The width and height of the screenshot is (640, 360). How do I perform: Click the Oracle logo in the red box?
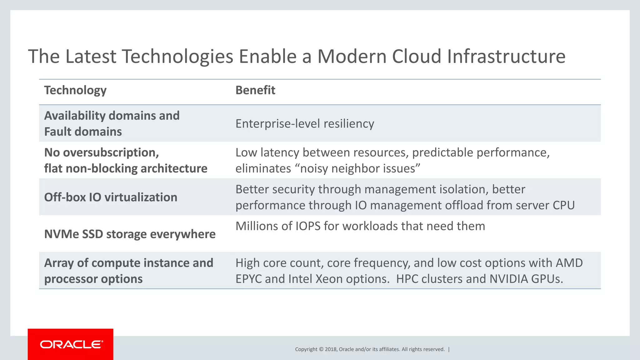(71, 344)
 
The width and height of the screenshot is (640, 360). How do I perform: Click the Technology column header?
(75, 90)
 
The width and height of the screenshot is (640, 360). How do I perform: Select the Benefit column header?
(255, 90)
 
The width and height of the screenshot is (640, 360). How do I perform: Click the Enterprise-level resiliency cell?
(305, 124)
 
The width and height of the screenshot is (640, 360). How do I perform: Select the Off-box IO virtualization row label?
(111, 197)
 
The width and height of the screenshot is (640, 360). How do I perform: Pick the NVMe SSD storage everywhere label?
(130, 234)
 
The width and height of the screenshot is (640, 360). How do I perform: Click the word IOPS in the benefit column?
(308, 226)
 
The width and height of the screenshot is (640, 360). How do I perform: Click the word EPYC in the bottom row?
(248, 279)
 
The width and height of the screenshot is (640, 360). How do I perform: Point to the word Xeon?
(329, 279)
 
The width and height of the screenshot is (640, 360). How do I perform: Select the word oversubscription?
(111, 153)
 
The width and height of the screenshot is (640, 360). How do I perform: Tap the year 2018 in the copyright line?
(331, 349)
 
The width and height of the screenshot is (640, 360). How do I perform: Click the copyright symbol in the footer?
(321, 349)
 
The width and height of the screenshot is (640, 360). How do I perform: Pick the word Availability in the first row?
(75, 116)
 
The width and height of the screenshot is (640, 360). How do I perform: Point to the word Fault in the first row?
(58, 132)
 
